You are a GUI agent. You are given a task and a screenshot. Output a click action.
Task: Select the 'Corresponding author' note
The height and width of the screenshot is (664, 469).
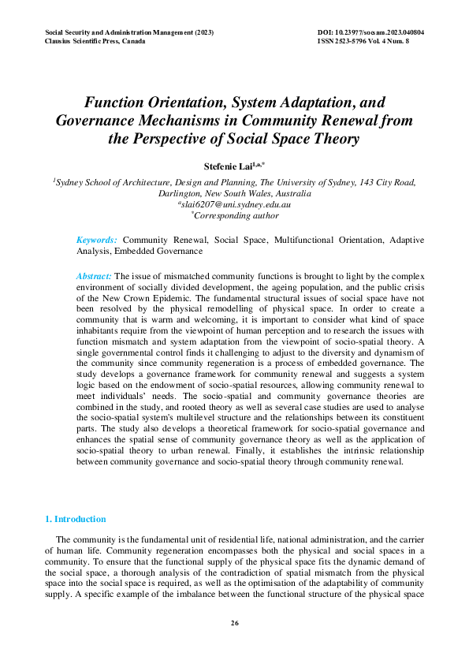click(236, 214)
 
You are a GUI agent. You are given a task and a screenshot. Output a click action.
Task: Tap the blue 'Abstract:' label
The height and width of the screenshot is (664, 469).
click(94, 275)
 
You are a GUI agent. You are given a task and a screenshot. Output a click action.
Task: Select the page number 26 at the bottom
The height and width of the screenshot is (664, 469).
click(234, 624)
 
